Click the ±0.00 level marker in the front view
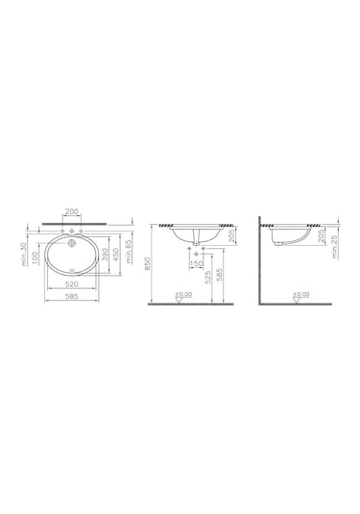pyautogui.click(x=181, y=296)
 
